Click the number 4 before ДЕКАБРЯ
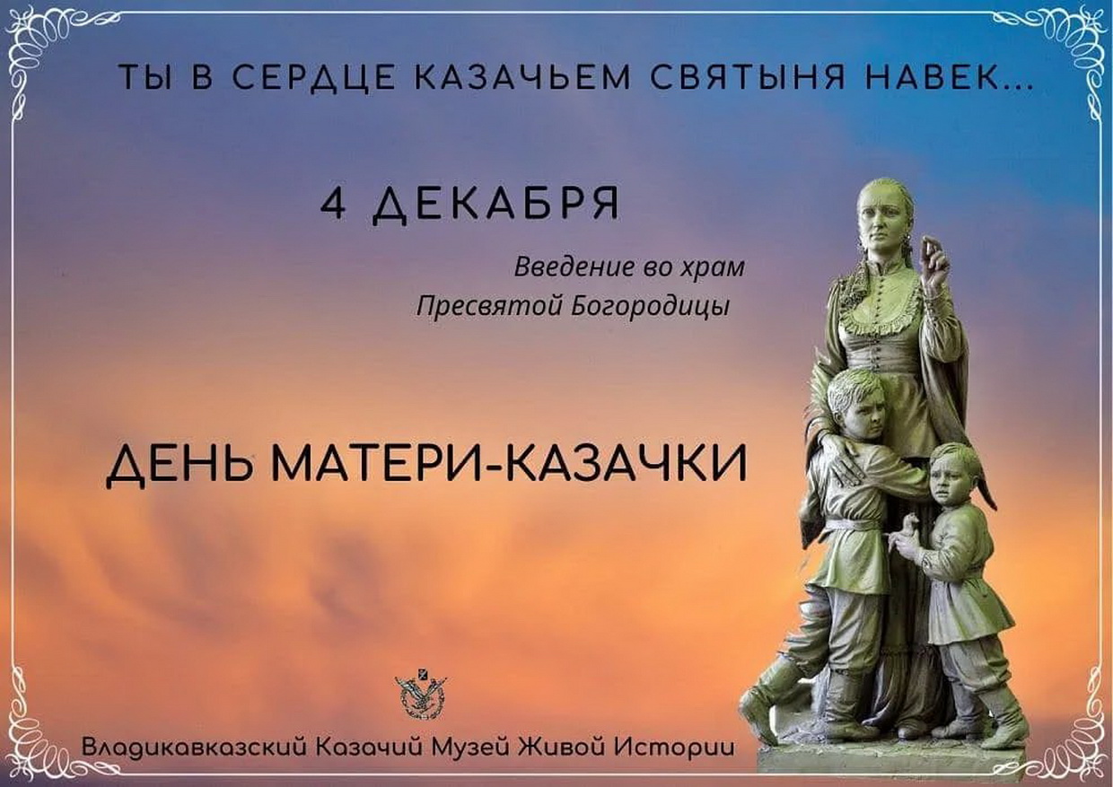[333, 204]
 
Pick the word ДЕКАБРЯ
[495, 205]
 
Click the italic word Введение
[574, 267]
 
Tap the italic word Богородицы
[651, 307]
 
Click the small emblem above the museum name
[421, 696]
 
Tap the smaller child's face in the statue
[947, 482]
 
